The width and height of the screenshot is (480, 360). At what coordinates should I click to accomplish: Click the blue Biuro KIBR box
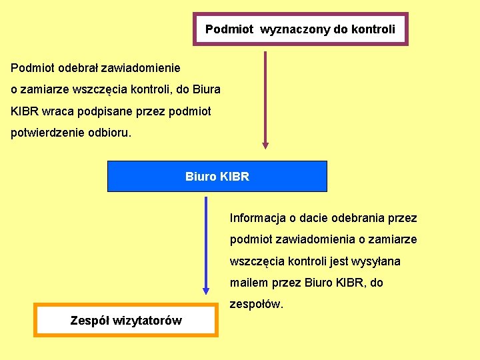pyautogui.click(x=217, y=176)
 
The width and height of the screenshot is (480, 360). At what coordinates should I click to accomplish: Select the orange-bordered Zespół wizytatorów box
pyautogui.click(x=126, y=321)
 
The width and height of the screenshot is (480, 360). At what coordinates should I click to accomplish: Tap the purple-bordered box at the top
pyautogui.click(x=300, y=29)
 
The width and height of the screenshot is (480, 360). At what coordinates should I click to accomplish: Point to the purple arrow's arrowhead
pyautogui.click(x=265, y=144)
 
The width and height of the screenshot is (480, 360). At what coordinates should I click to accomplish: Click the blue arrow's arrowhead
pyautogui.click(x=206, y=291)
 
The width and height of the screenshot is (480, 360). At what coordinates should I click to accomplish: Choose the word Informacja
pyautogui.click(x=257, y=218)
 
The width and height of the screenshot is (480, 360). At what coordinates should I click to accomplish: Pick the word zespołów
pyautogui.click(x=256, y=305)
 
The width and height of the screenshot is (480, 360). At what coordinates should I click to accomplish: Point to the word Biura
pyautogui.click(x=207, y=89)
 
